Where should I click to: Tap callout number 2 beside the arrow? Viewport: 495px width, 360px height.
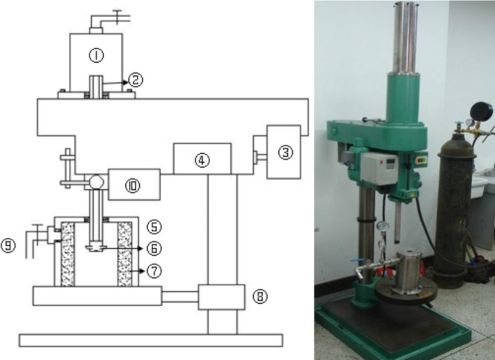[x=135, y=79]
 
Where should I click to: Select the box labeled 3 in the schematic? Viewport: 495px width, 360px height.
[x=283, y=152]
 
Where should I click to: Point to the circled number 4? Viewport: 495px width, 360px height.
[x=201, y=159]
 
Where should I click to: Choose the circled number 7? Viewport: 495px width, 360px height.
[x=155, y=271]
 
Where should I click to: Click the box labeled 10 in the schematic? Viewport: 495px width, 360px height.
[x=134, y=185]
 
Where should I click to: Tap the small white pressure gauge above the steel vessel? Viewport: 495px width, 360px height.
[x=383, y=226]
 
